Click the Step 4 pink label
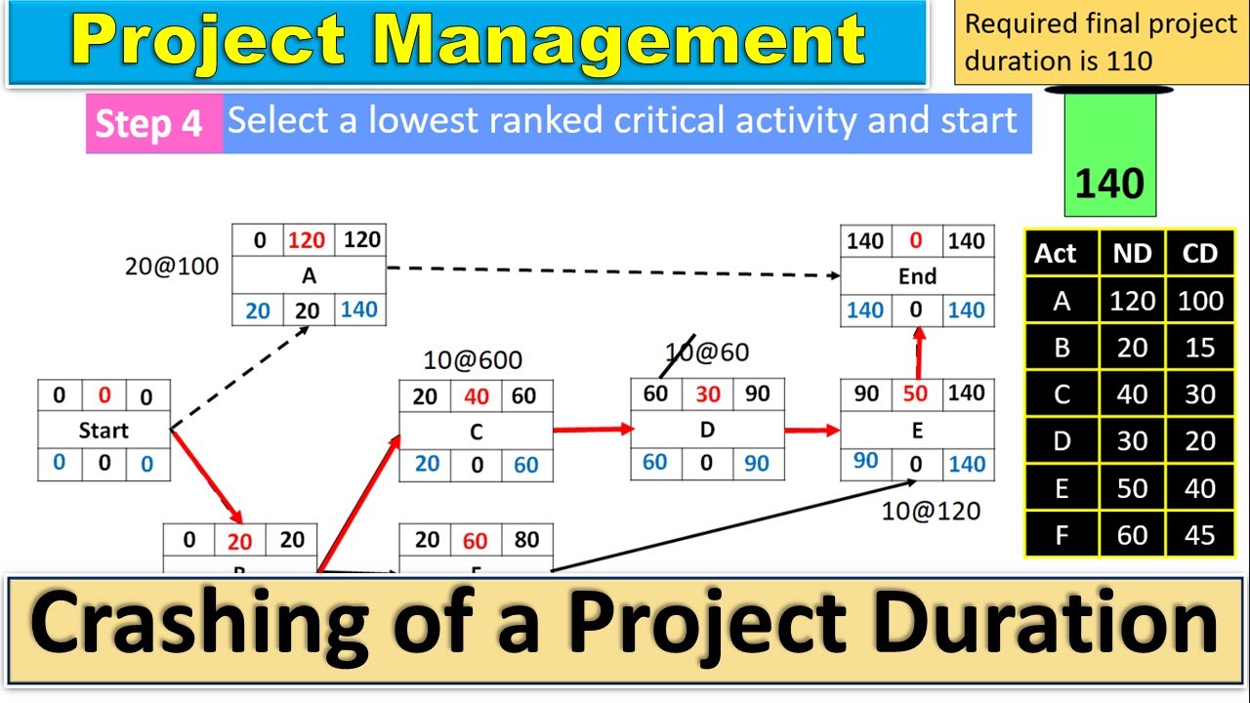coord(149,124)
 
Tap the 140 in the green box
coord(1109,183)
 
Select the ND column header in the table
coord(1133,254)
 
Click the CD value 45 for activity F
coord(1199,534)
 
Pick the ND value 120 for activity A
coord(1133,301)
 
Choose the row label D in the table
coord(1062,441)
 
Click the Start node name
coord(104,430)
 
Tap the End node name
coord(917,276)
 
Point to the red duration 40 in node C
coord(477,395)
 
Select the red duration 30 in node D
coord(707,394)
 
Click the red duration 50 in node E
coord(915,394)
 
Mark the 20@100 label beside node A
coord(172,266)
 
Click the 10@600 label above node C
coord(473,360)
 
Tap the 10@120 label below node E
coord(931,510)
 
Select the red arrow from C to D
coord(592,429)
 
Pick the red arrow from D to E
coord(812,429)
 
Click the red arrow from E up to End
coord(918,352)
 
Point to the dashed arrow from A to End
coord(613,270)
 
